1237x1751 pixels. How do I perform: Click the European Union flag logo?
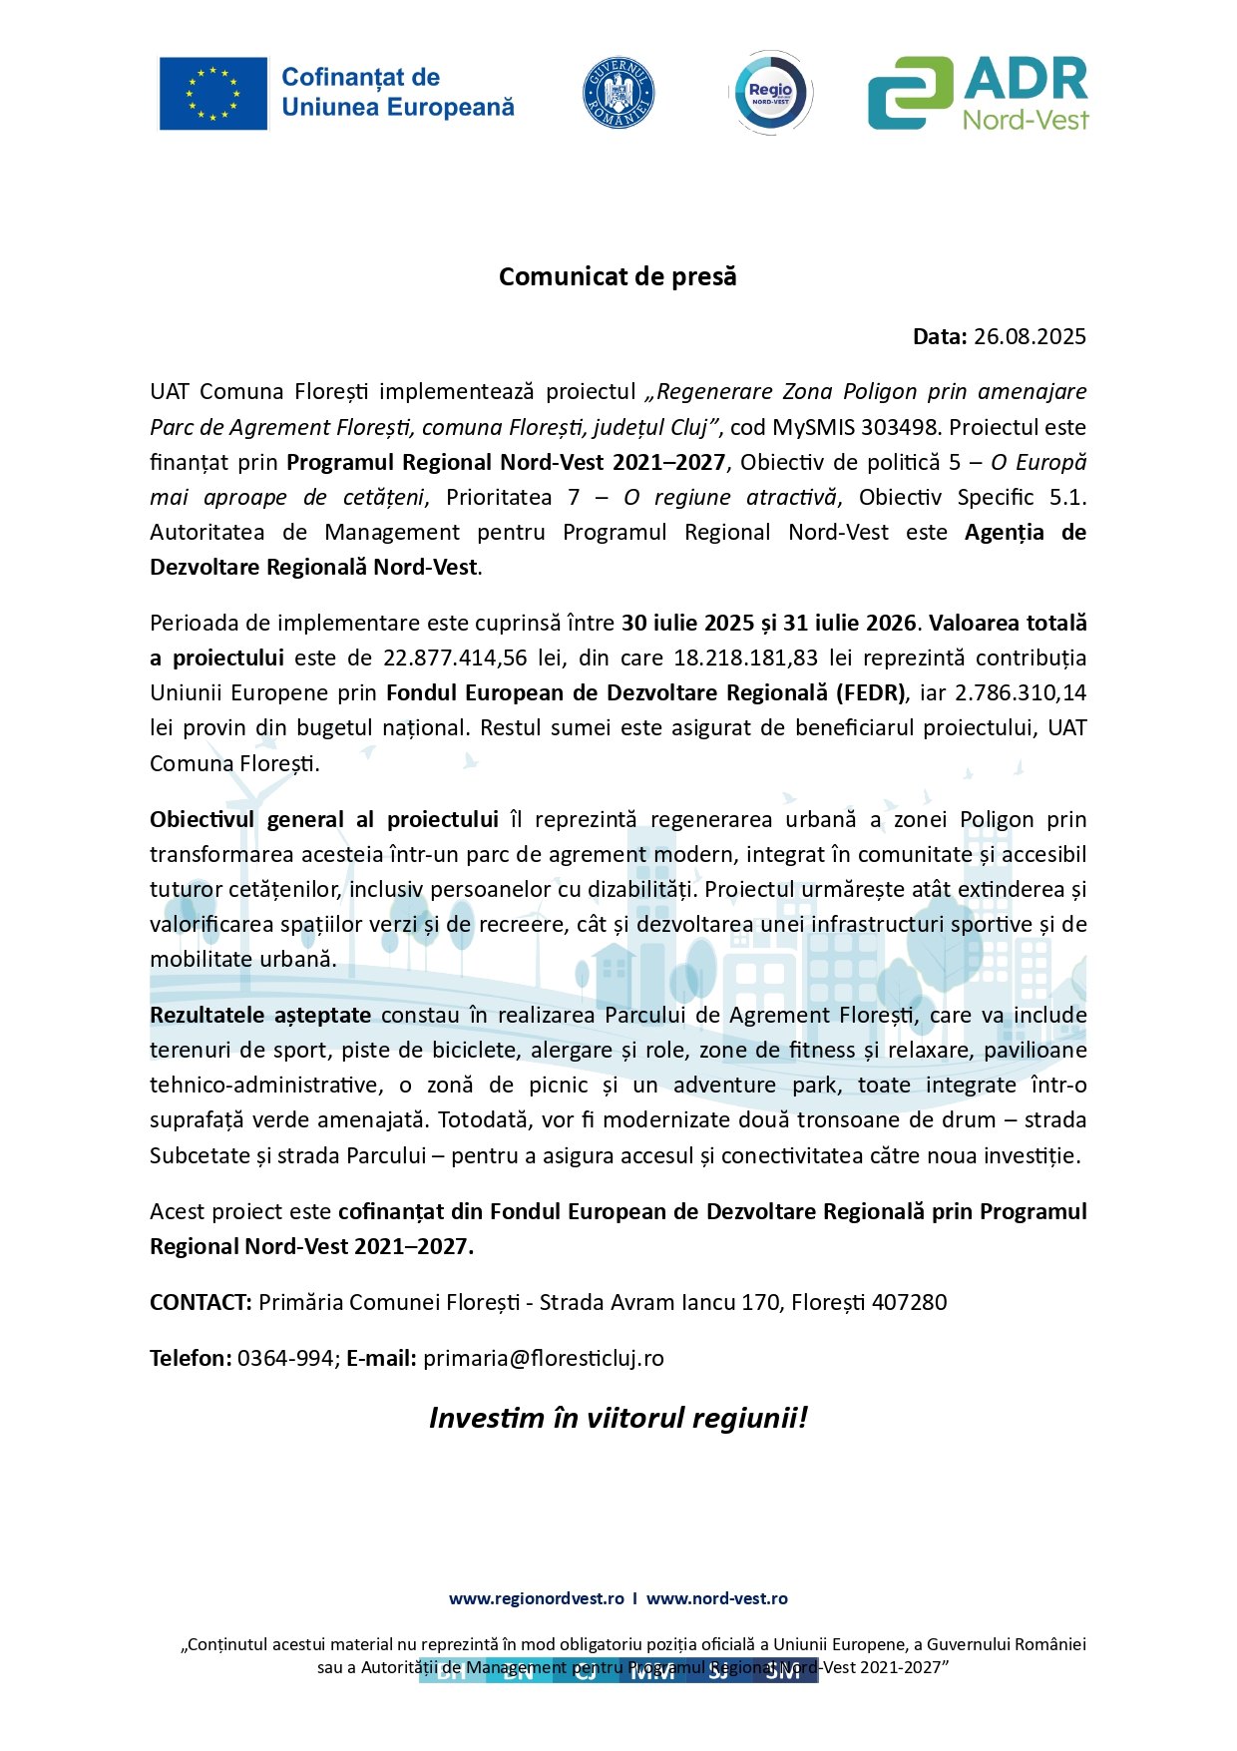click(x=213, y=94)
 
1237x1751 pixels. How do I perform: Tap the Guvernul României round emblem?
click(x=618, y=93)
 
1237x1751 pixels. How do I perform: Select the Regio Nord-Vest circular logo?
click(x=771, y=93)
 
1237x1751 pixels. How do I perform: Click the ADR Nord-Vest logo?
click(x=978, y=93)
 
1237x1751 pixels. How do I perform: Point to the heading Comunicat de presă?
click(x=618, y=276)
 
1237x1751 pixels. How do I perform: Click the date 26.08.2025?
click(x=1030, y=336)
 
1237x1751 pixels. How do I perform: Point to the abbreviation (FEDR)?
click(x=872, y=692)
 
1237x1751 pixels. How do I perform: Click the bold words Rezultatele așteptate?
click(x=260, y=1015)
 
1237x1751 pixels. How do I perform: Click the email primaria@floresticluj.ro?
click(x=544, y=1358)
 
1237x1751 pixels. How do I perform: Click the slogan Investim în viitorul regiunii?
click(x=618, y=1418)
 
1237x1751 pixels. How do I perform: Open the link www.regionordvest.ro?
click(x=537, y=1598)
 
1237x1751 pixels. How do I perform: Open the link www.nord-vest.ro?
click(x=717, y=1598)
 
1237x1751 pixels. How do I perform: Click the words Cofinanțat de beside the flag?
click(x=360, y=77)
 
